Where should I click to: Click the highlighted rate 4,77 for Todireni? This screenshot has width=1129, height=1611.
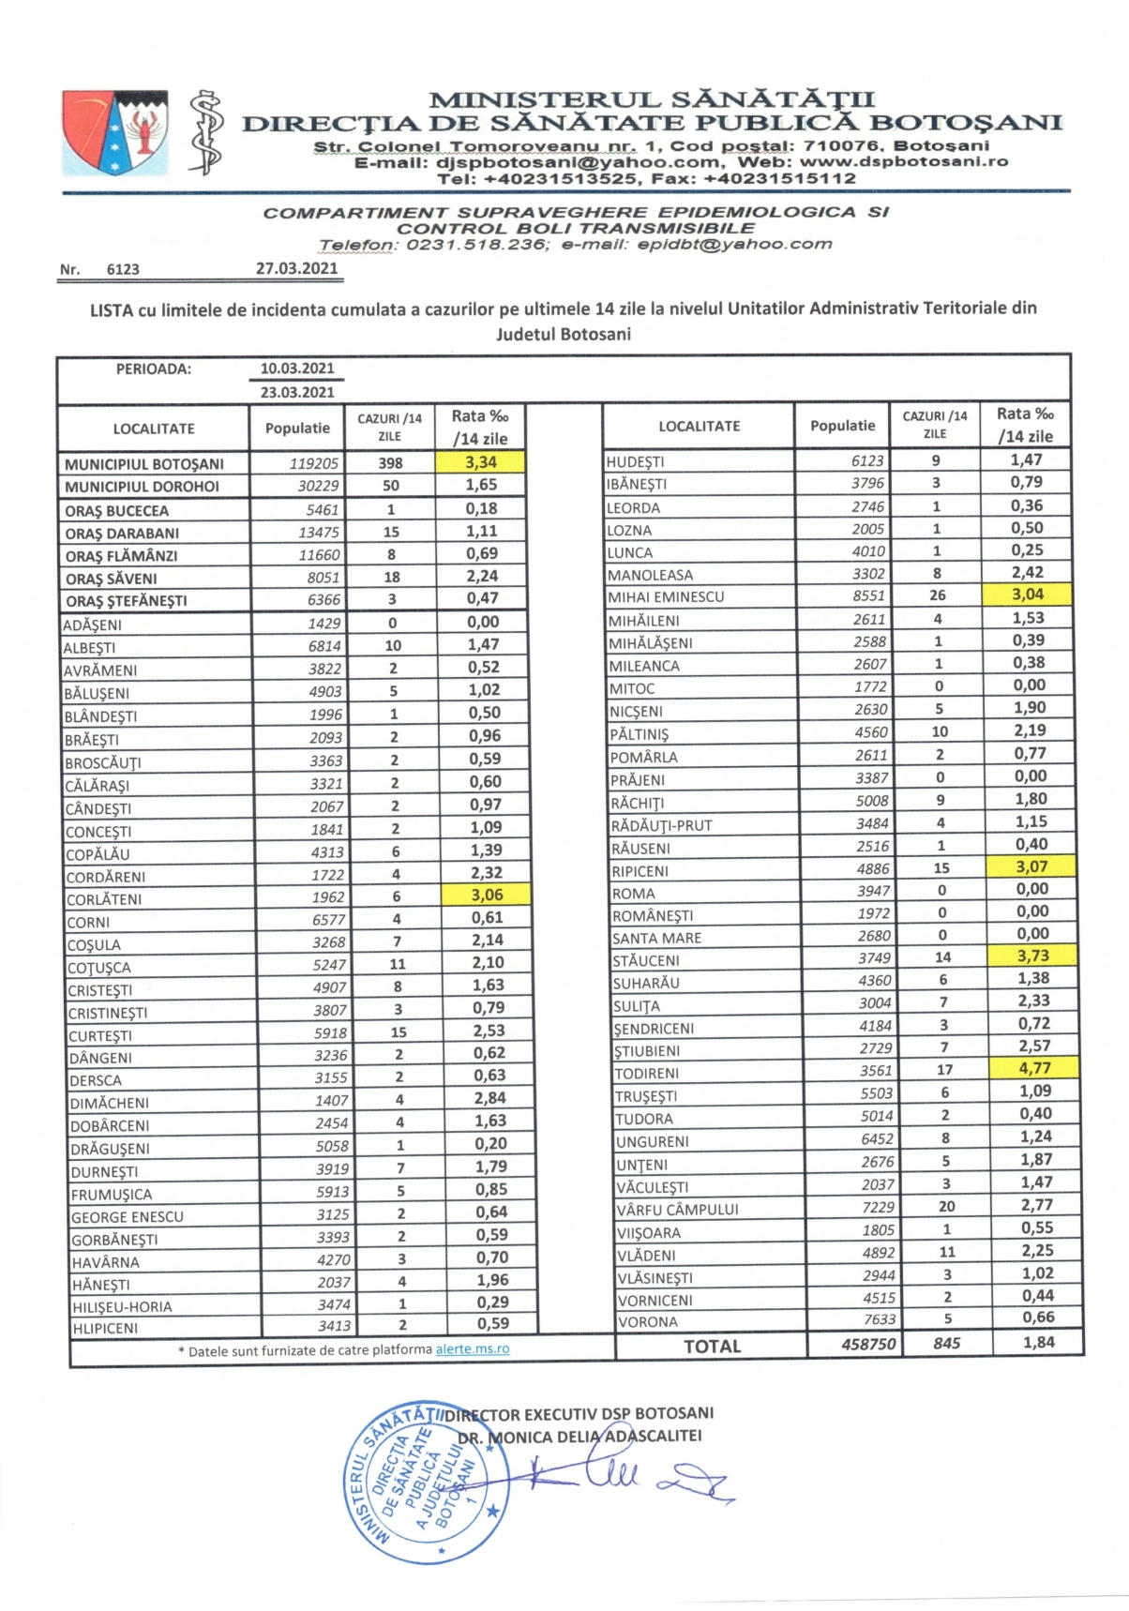click(1034, 1068)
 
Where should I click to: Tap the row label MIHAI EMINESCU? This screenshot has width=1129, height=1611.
click(666, 596)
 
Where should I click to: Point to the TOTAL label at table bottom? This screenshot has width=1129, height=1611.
click(712, 1346)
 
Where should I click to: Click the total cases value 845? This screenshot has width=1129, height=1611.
click(946, 1344)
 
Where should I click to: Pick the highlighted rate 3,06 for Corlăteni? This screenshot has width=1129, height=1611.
click(487, 896)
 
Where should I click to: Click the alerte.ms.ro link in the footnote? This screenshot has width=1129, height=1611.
click(473, 1349)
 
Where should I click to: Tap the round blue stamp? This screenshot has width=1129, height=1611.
click(425, 1483)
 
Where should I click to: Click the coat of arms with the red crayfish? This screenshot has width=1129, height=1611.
click(114, 132)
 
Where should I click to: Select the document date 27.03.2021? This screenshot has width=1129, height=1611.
click(296, 268)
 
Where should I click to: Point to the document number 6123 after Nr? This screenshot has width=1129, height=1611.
click(123, 270)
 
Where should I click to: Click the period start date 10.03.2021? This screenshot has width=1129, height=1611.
click(297, 369)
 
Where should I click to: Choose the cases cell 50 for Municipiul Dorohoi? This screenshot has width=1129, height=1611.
click(391, 486)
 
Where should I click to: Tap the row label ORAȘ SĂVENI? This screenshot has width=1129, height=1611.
click(111, 579)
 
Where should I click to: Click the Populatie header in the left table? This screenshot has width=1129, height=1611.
click(297, 429)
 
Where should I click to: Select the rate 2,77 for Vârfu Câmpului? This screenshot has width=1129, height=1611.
click(1036, 1205)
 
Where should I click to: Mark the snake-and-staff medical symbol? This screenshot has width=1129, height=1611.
click(205, 132)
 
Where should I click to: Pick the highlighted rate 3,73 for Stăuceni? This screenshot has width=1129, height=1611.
click(1032, 956)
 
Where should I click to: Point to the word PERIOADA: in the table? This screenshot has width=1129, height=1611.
click(154, 369)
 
